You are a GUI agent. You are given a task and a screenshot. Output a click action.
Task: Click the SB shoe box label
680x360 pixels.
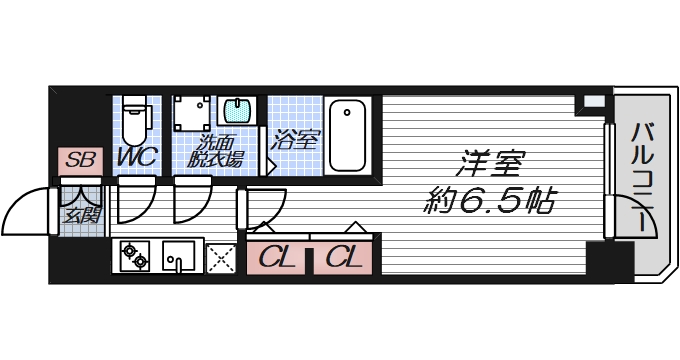tap(79, 160)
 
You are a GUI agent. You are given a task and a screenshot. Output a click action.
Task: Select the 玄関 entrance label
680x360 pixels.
tap(80, 214)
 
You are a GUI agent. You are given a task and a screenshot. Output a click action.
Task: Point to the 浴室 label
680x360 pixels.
tap(295, 141)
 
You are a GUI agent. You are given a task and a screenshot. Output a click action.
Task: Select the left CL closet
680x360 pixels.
tap(277, 258)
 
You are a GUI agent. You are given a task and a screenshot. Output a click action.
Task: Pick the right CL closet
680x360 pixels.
tap(344, 258)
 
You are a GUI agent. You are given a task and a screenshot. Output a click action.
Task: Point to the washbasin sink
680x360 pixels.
tap(237, 111)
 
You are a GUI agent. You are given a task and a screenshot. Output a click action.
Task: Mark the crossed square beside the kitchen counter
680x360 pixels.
tap(220, 258)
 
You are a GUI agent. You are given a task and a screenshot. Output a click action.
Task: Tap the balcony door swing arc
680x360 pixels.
tap(627, 217)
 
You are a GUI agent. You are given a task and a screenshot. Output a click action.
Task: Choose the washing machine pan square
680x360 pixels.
tap(192, 116)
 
